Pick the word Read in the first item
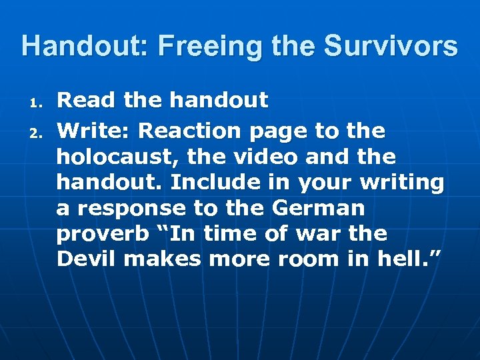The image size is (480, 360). (83, 101)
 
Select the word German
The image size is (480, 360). (318, 208)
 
